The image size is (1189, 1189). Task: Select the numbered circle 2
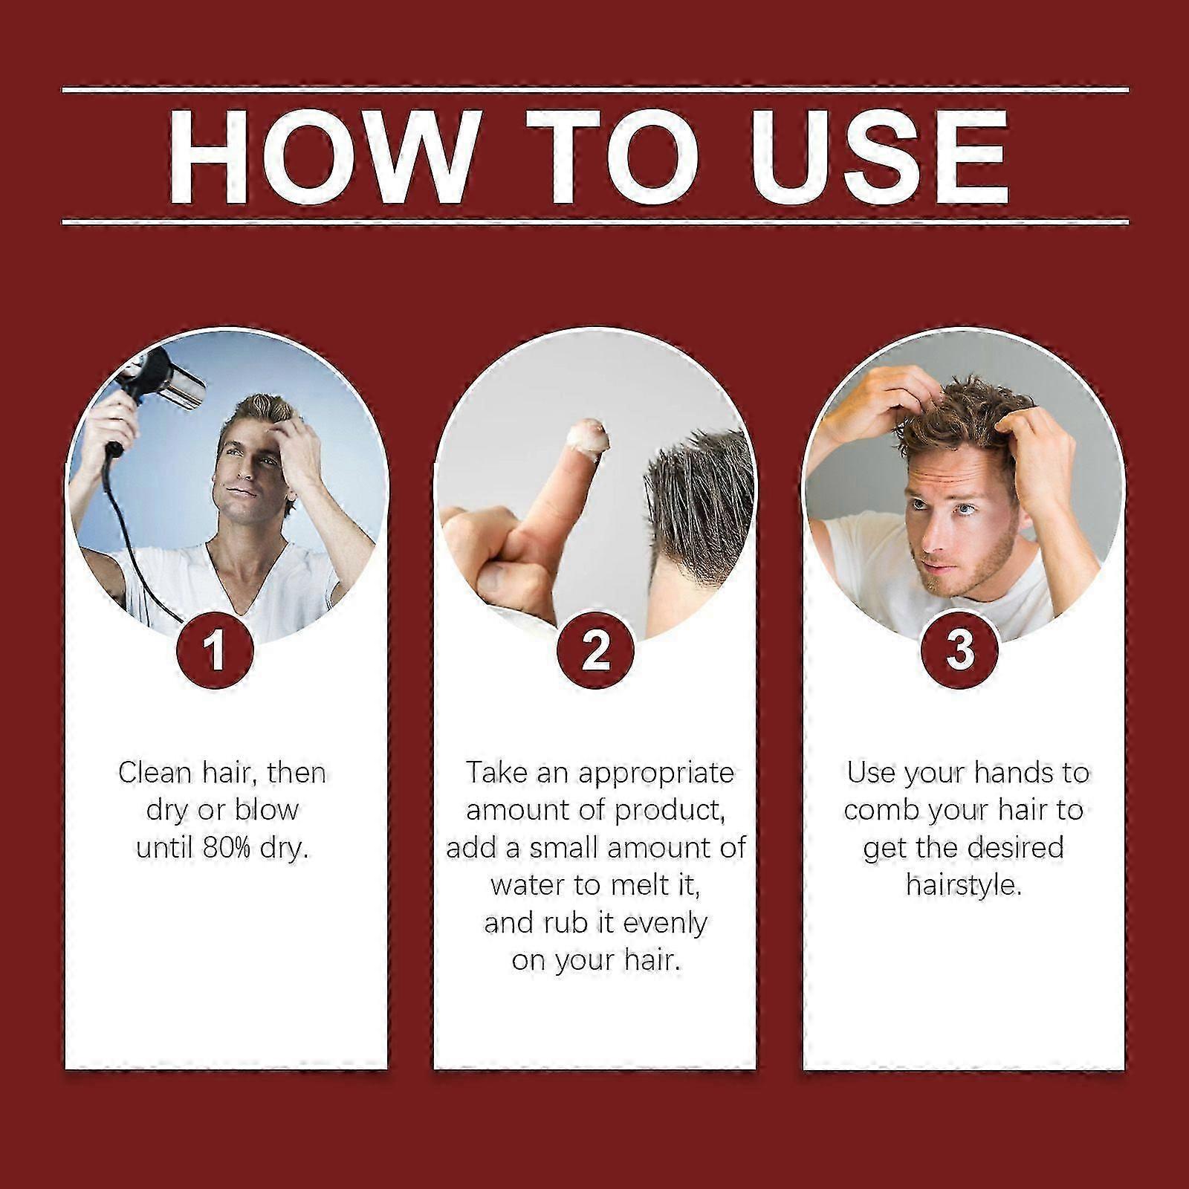pyautogui.click(x=594, y=649)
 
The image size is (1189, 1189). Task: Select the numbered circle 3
pyautogui.click(x=960, y=649)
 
